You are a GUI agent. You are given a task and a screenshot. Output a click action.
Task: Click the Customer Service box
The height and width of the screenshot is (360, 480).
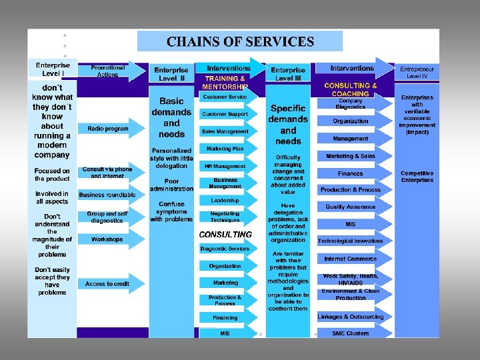[225, 97]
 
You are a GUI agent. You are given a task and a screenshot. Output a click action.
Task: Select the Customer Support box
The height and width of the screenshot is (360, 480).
[225, 114]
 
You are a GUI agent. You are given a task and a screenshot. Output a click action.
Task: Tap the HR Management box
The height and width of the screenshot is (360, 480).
[225, 166]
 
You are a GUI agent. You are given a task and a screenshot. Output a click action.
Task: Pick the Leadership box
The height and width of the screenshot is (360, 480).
[225, 200]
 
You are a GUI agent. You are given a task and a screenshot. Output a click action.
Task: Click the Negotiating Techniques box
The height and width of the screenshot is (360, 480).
[225, 216]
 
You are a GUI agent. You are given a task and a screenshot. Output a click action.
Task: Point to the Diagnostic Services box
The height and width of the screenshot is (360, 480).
[225, 249]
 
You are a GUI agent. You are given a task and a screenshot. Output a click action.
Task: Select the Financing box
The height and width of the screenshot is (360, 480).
[225, 318]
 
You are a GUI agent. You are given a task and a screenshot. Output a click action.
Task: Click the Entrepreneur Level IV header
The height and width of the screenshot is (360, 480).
[417, 72]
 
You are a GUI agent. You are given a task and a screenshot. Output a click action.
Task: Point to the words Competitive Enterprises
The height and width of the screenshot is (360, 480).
[417, 177]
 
